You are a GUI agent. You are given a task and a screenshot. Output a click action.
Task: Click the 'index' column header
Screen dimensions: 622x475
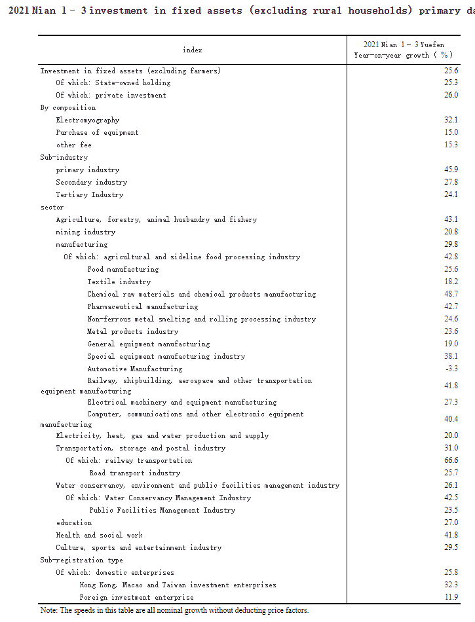point(193,50)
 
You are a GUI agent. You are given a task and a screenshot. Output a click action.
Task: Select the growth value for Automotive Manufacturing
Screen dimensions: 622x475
point(451,369)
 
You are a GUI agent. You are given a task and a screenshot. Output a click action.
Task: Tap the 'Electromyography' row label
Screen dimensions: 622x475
point(88,120)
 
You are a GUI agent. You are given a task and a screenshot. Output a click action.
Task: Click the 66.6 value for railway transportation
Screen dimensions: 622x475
point(451,461)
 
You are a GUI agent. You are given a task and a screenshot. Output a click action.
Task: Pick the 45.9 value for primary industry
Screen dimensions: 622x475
point(451,170)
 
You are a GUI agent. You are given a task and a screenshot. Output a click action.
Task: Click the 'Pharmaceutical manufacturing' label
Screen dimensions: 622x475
point(143,307)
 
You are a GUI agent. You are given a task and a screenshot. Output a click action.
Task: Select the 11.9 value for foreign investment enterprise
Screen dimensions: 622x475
point(451,598)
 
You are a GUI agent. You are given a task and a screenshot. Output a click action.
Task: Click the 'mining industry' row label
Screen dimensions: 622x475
point(85,232)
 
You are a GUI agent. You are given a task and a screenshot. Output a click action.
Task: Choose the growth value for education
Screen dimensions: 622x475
point(451,523)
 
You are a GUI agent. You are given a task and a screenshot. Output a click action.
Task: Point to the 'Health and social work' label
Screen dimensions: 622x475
point(99,536)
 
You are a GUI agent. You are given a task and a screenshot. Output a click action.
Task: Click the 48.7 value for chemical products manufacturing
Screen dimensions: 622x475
point(451,295)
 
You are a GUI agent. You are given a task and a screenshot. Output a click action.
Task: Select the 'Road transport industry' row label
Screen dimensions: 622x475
point(135,473)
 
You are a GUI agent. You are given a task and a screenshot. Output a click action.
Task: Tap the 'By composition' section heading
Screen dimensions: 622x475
point(68,108)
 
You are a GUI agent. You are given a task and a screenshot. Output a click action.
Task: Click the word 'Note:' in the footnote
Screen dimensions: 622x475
point(49,610)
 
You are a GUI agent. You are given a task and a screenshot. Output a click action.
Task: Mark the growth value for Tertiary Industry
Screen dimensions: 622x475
point(451,195)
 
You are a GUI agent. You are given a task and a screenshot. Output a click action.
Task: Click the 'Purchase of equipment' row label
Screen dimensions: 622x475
point(97,133)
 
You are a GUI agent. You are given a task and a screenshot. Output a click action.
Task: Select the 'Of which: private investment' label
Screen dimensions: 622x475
point(111,96)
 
